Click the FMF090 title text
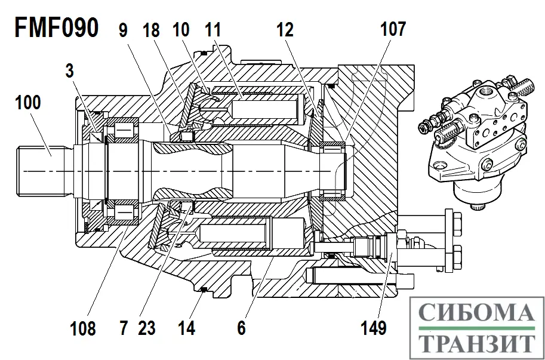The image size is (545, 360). pyautogui.click(x=56, y=28)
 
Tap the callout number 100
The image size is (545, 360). pyautogui.click(x=28, y=102)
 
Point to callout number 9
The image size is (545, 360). pyautogui.click(x=124, y=29)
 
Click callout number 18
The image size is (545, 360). pyautogui.click(x=151, y=29)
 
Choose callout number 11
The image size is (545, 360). pyautogui.click(x=213, y=29)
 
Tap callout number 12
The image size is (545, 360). pyautogui.click(x=285, y=29)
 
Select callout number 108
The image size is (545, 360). pyautogui.click(x=82, y=328)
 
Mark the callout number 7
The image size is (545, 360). pyautogui.click(x=124, y=328)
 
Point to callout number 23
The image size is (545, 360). pyautogui.click(x=146, y=328)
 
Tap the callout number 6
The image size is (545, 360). pyautogui.click(x=241, y=328)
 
